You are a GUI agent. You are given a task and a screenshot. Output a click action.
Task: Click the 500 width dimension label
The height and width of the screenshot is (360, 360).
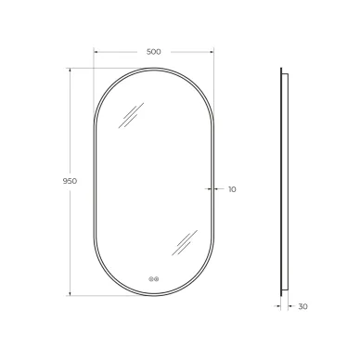point(154,52)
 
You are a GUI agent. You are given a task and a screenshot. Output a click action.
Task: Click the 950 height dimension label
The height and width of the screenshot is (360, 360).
point(70,181)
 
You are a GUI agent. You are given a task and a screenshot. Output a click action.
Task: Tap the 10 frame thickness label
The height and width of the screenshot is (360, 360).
point(232,189)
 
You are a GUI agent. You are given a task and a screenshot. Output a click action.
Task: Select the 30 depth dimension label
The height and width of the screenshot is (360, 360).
point(303,306)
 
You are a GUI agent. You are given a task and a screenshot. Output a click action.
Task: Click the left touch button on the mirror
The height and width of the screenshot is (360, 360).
point(151,279)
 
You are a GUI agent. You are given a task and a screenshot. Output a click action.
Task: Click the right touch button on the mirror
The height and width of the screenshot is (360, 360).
point(157,279)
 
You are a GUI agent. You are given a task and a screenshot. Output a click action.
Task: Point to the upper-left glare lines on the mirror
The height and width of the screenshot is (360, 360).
point(131,115)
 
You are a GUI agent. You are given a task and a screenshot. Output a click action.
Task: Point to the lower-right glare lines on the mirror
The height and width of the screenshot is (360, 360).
point(185,243)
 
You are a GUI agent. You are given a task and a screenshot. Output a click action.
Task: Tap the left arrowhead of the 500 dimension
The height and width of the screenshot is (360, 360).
point(96,52)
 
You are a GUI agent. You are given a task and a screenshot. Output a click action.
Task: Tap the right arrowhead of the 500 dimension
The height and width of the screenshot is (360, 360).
point(212,52)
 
